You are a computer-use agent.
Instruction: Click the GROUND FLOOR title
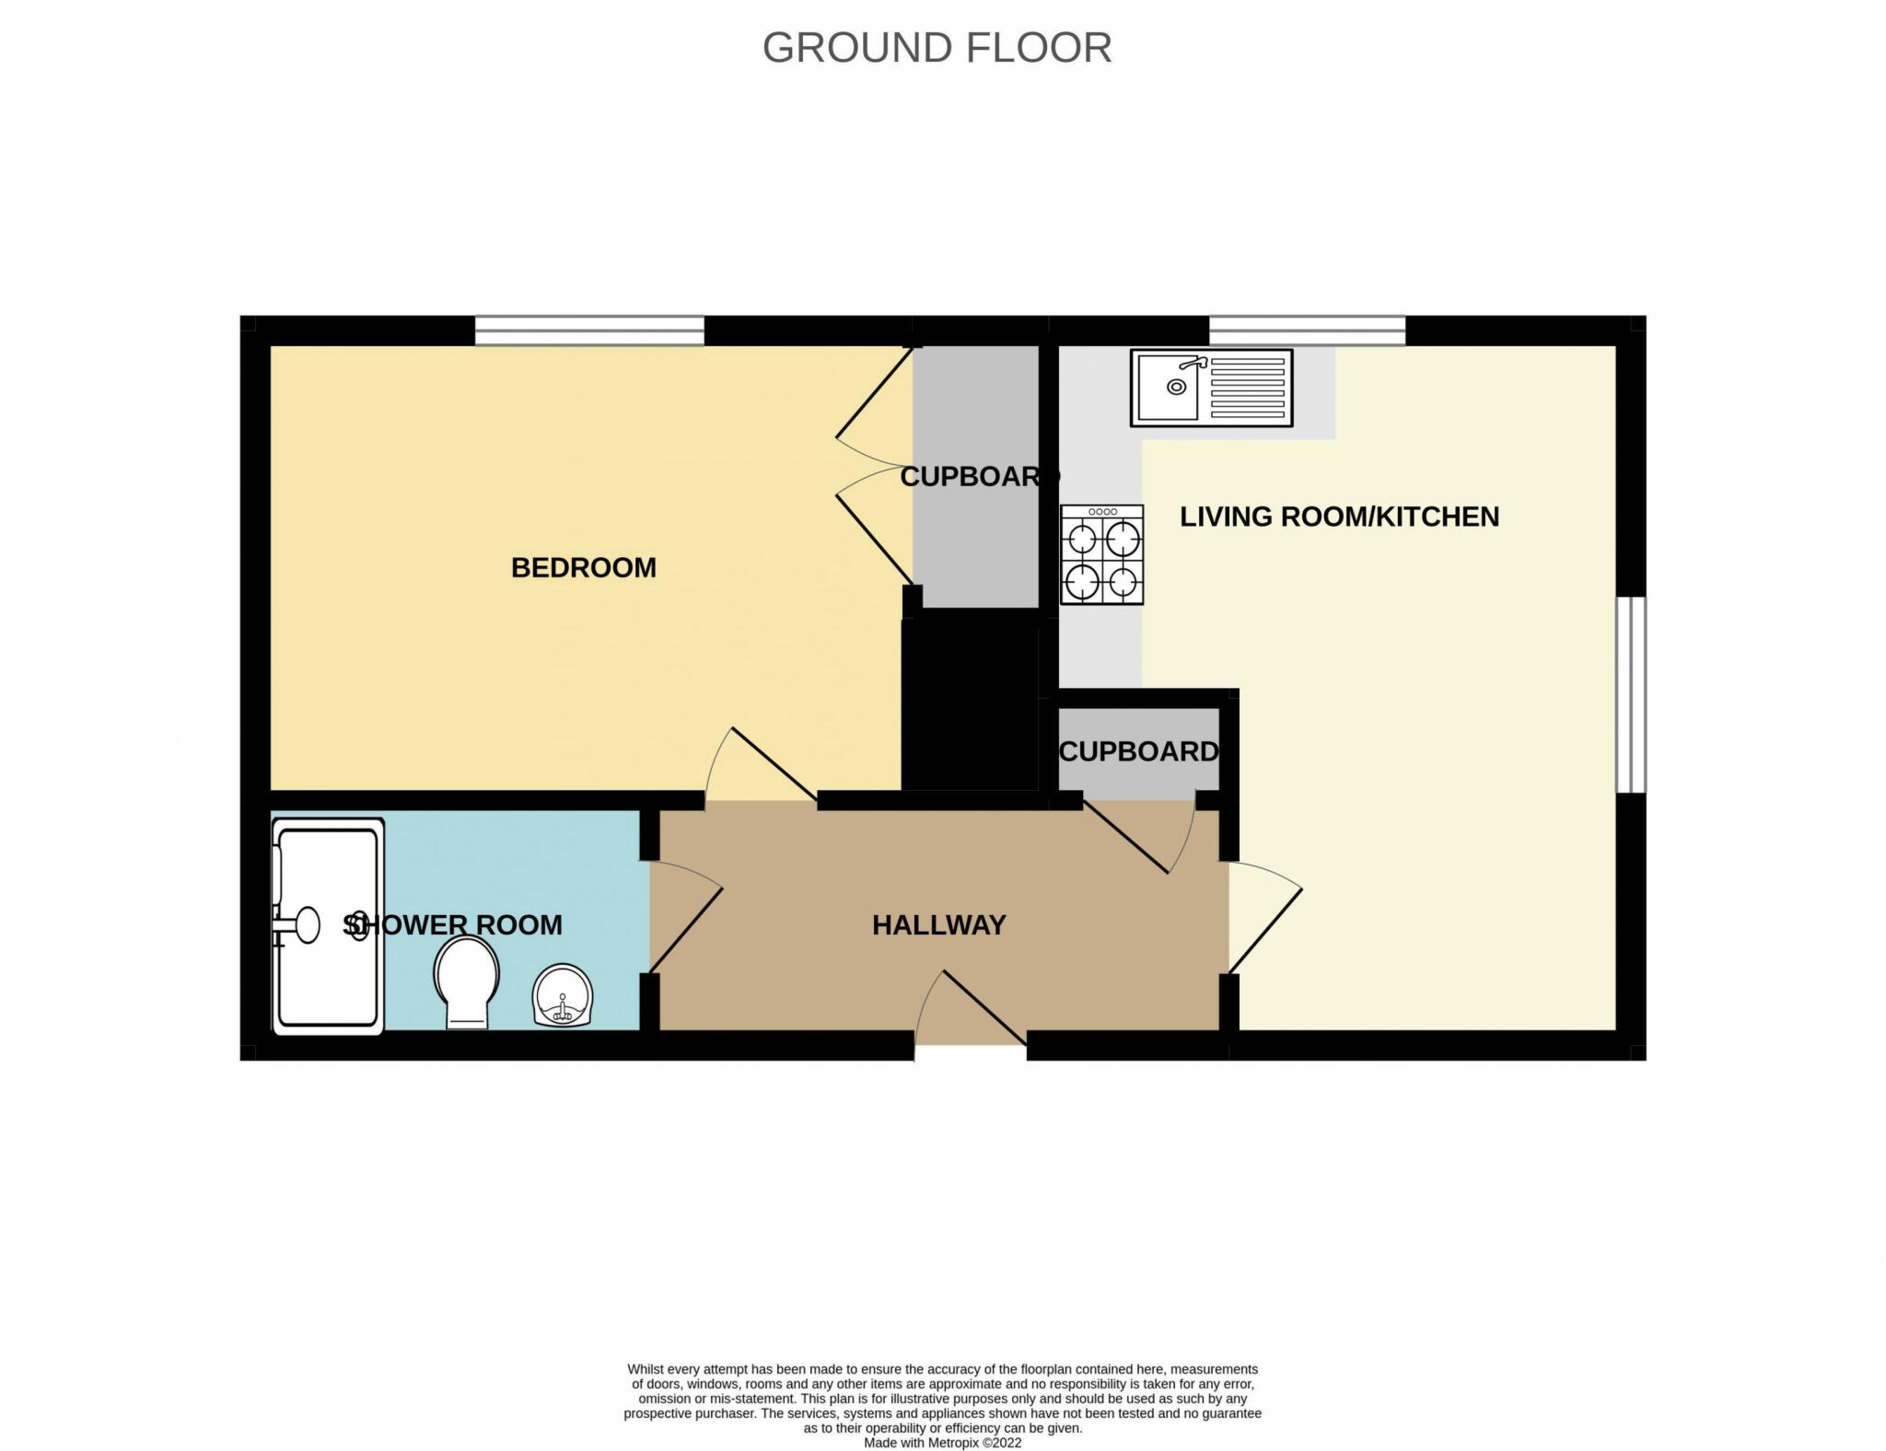[x=937, y=48]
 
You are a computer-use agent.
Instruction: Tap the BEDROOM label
[x=584, y=568]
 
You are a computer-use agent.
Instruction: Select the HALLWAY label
[x=939, y=925]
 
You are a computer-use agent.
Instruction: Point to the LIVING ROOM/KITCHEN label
[x=1340, y=517]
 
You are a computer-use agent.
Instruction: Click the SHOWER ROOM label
[x=452, y=925]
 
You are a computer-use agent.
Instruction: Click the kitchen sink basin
[x=1168, y=387]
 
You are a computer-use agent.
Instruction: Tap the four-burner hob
[x=1101, y=554]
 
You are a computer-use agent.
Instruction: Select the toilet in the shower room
[x=467, y=982]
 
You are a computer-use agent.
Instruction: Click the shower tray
[x=328, y=926]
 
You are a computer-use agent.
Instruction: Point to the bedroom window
[x=589, y=331]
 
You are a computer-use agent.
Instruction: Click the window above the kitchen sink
[x=1307, y=331]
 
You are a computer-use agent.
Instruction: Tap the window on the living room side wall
[x=1631, y=694]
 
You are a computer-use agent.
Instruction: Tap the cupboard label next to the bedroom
[x=980, y=477]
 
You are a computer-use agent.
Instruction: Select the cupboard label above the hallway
[x=1139, y=752]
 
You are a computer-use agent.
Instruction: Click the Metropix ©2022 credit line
[x=943, y=1443]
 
